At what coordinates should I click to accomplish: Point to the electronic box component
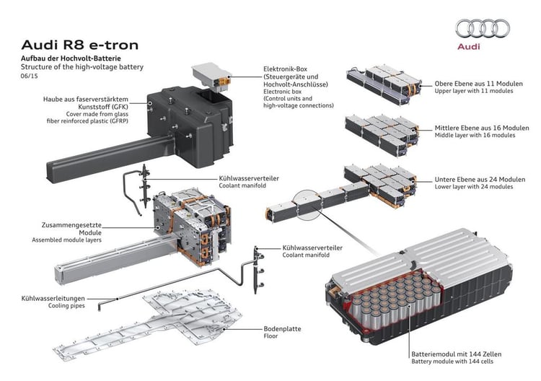coord(210,75)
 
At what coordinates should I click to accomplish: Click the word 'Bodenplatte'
coord(283,328)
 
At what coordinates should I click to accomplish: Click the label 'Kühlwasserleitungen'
coord(53,297)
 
